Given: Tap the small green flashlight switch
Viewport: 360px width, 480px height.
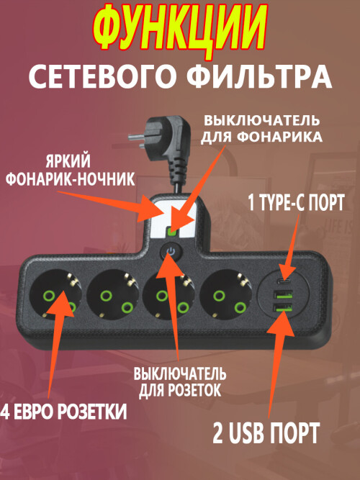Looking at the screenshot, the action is pyautogui.click(x=172, y=232).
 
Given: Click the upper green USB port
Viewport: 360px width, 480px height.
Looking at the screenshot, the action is pyautogui.click(x=284, y=295).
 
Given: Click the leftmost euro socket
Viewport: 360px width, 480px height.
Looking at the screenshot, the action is pyautogui.click(x=56, y=294).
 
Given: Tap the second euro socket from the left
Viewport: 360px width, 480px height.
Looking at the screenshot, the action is pyautogui.click(x=113, y=294).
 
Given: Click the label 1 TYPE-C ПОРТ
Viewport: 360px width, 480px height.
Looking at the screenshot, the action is pyautogui.click(x=296, y=202).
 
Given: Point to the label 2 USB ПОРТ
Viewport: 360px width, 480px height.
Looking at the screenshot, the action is pyautogui.click(x=266, y=433).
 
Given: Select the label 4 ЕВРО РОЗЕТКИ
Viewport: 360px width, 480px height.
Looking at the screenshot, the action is pyautogui.click(x=63, y=411).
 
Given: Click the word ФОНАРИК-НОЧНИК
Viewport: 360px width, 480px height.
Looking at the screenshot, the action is pyautogui.click(x=70, y=179).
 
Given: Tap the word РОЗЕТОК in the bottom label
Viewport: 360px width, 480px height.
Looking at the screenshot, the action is pyautogui.click(x=194, y=390).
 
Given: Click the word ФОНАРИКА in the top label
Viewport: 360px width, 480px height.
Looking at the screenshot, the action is pyautogui.click(x=280, y=137).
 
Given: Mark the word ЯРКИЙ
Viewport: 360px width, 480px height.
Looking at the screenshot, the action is pyautogui.click(x=68, y=161).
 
